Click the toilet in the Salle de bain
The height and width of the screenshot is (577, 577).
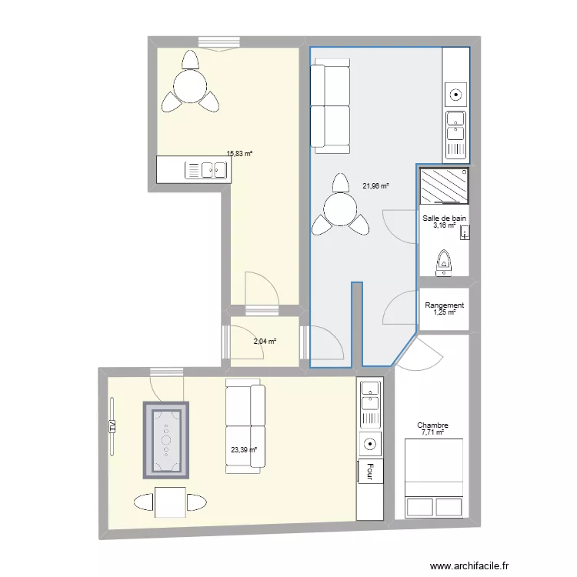click(444, 262)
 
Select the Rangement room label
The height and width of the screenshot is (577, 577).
click(444, 305)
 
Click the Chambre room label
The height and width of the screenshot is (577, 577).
click(433, 425)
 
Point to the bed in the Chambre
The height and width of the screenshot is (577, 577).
click(433, 478)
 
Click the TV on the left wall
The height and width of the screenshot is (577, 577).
click(112, 426)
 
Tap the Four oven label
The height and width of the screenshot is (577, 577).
click(371, 470)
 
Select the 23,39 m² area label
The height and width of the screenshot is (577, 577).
click(243, 452)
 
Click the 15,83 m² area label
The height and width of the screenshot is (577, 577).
click(239, 154)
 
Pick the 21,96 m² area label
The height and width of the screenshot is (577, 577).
click(375, 185)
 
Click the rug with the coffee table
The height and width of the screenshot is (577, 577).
click(165, 439)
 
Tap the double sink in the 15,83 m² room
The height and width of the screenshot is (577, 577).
click(205, 170)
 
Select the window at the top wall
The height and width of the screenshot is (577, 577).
click(218, 42)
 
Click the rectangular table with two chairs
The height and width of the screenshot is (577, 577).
click(169, 503)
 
